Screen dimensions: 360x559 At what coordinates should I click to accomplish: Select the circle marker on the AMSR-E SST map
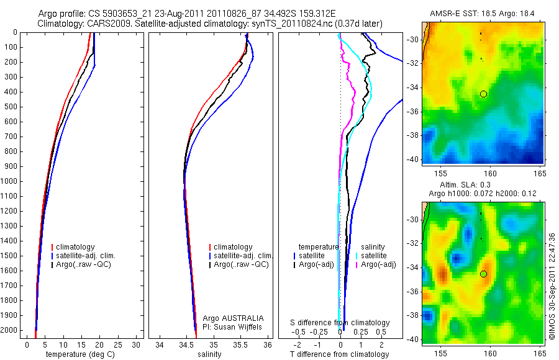(x=484, y=94)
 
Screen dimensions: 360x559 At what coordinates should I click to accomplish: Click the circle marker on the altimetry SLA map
(x=484, y=274)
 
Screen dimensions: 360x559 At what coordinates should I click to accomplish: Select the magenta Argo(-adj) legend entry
(x=379, y=265)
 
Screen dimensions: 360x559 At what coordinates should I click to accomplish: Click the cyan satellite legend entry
(x=374, y=256)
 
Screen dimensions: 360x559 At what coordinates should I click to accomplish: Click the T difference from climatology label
(x=339, y=354)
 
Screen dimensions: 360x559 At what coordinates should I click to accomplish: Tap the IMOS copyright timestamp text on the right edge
(x=552, y=286)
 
